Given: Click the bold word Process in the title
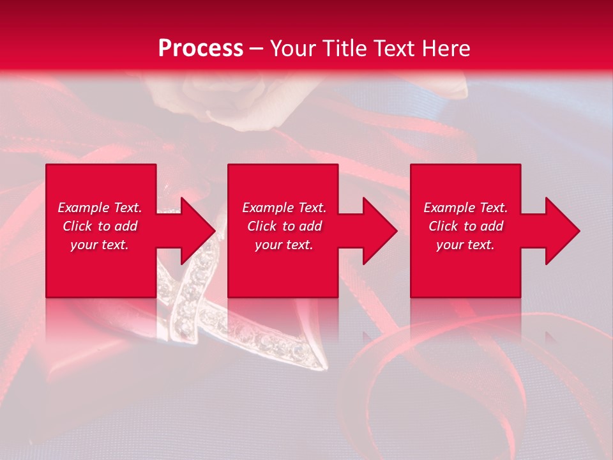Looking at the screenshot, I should (201, 48).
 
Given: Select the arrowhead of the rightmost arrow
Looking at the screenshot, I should (561, 231).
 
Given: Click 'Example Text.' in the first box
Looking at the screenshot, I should (100, 208).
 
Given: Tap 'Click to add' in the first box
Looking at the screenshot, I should (100, 226).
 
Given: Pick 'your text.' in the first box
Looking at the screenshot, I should (100, 245).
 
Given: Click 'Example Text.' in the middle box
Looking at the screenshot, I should (284, 208).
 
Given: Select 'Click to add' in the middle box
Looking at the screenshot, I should (284, 226).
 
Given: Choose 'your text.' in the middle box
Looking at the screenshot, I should (284, 245).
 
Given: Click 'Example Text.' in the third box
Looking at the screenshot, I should (465, 208).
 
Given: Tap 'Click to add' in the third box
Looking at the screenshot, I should (465, 226).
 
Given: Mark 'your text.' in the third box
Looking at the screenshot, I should (465, 245).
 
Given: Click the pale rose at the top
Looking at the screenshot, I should (211, 96).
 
